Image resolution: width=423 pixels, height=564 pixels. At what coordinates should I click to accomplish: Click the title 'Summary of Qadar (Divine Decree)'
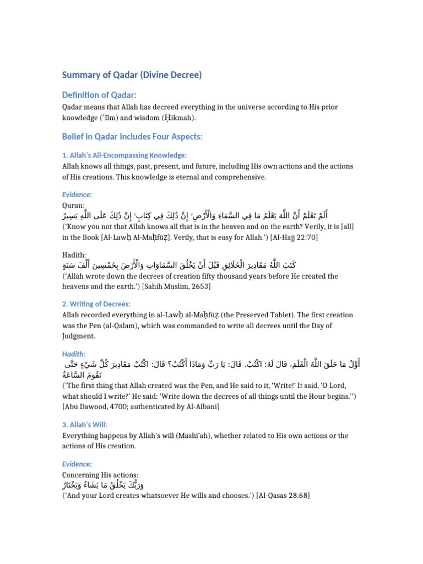[132, 75]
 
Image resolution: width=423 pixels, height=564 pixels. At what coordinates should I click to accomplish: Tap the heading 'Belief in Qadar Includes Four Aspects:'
[132, 137]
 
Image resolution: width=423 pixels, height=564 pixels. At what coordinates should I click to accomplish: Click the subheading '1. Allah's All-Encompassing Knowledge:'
[124, 156]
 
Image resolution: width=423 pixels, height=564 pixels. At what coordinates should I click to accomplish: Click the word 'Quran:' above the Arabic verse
[73, 205]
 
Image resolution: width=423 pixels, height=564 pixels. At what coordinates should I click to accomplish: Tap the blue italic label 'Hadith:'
[74, 354]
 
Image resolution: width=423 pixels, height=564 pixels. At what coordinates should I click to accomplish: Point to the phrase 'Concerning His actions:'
[100, 475]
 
